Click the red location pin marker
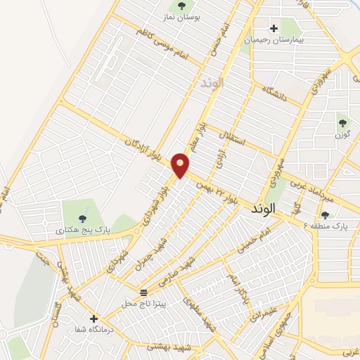pos(181,165)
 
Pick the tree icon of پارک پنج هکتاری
pos(83,217)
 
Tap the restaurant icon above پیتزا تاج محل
pos(144,291)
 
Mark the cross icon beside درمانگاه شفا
pos(94,319)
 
